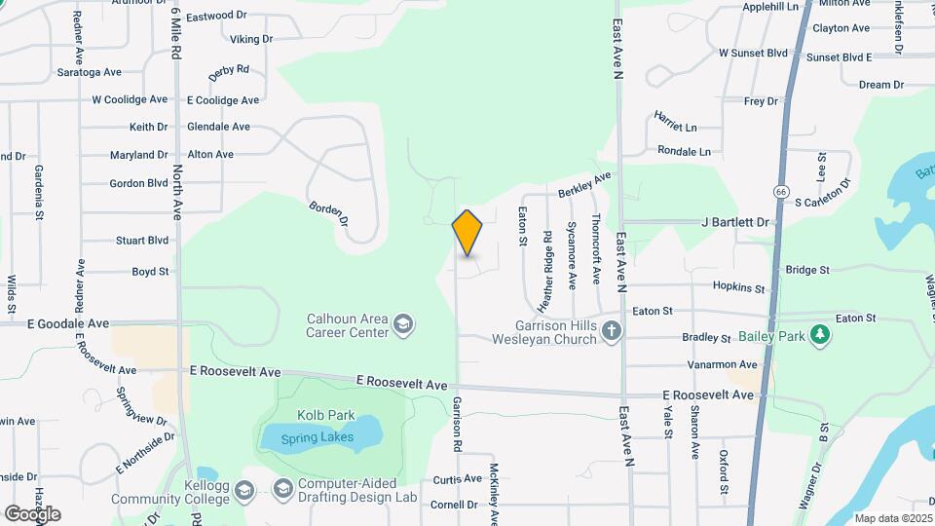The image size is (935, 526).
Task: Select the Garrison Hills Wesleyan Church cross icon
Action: coord(611,330)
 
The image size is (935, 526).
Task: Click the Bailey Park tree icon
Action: coord(821,335)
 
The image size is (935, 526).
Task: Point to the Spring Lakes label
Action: coord(315,438)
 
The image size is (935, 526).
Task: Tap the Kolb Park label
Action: coord(327,415)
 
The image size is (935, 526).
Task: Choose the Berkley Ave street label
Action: coord(583,185)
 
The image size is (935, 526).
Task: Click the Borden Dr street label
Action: coord(328,214)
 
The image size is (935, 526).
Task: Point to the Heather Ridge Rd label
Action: coord(548,264)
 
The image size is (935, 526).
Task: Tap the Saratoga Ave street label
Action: coord(89,72)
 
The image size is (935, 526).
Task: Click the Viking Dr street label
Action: coord(251,39)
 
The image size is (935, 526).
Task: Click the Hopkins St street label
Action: coord(738,287)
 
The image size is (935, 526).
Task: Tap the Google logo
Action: coord(32,513)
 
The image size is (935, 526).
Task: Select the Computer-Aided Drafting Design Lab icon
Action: coord(282,488)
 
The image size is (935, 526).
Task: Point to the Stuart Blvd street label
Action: coord(142,241)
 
